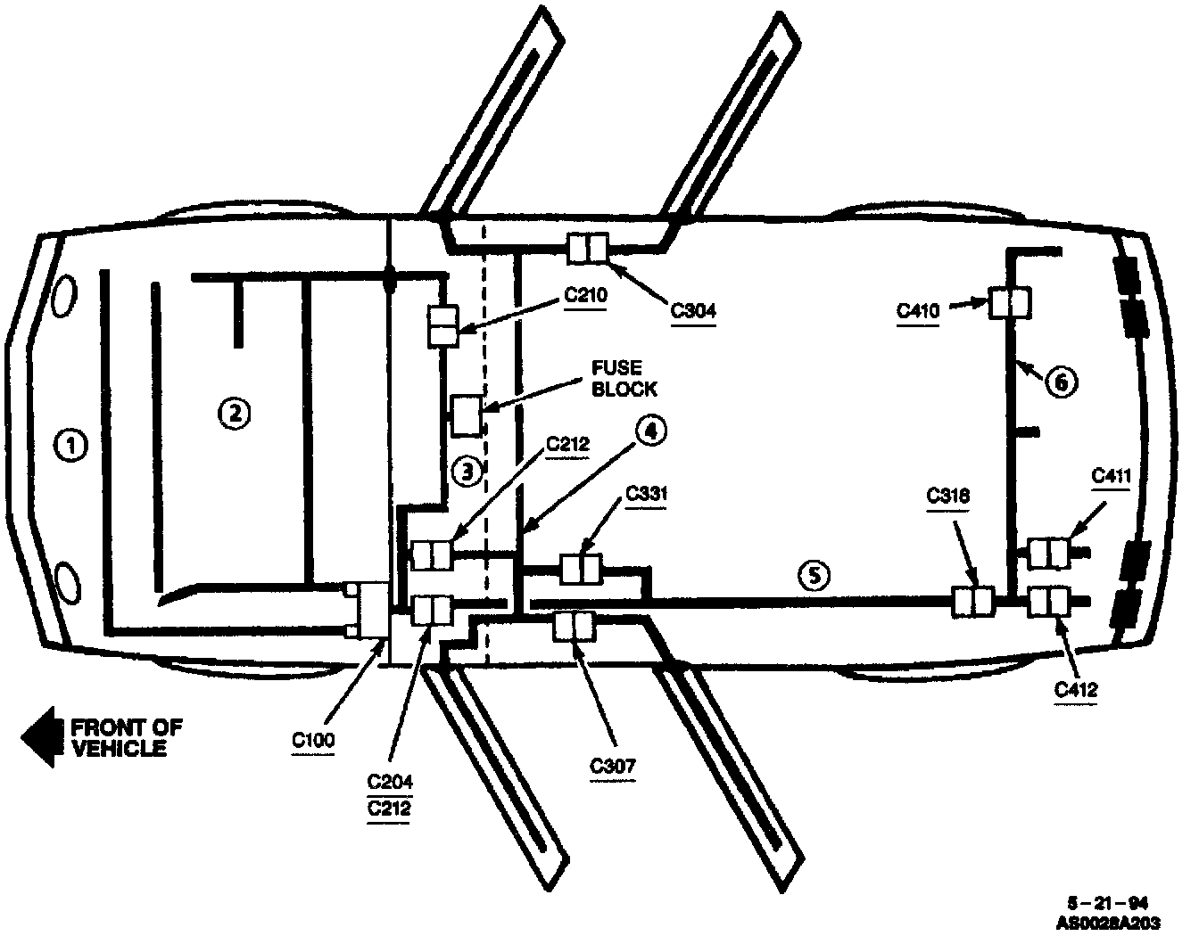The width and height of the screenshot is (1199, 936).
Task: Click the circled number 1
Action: coord(71,445)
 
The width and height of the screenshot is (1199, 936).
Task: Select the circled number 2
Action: coord(233,412)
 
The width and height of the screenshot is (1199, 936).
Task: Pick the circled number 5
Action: coord(814,575)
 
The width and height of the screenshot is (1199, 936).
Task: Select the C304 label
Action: coord(693,311)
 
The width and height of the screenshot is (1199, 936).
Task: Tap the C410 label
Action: coord(918,311)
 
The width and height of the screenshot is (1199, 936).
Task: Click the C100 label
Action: coord(313,740)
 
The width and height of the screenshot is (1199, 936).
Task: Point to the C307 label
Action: coord(614,765)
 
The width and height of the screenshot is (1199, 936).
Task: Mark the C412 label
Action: coord(1075,689)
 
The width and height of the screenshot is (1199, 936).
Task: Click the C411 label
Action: coord(1112,476)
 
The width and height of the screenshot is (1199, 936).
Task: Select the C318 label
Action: coord(947,497)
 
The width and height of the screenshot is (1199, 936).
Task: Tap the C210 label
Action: coord(586,295)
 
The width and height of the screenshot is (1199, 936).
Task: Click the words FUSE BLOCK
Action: coord(625,379)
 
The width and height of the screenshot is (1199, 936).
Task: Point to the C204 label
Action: coord(390,782)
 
